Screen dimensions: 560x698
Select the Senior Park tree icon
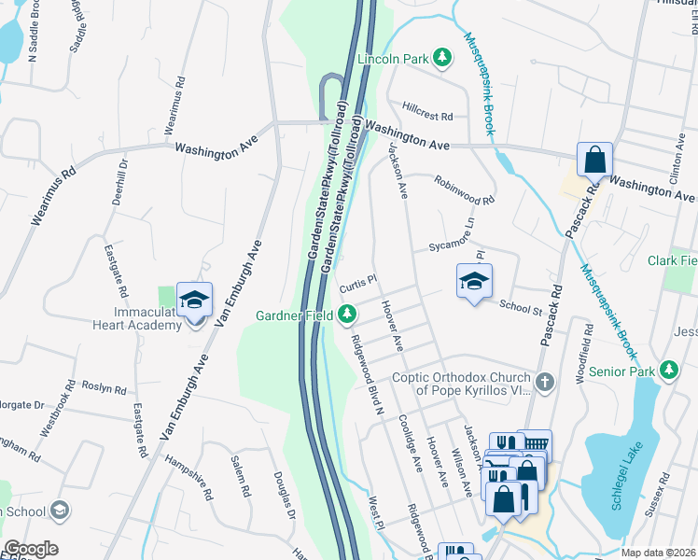[669, 371]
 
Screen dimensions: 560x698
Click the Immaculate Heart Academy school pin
[194, 301]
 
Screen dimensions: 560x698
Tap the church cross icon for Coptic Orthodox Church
[546, 383]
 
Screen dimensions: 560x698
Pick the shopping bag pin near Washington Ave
[594, 161]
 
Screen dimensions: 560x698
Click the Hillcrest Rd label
[427, 116]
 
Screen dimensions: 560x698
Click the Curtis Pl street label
[357, 281]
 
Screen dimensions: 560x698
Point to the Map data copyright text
[658, 553]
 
